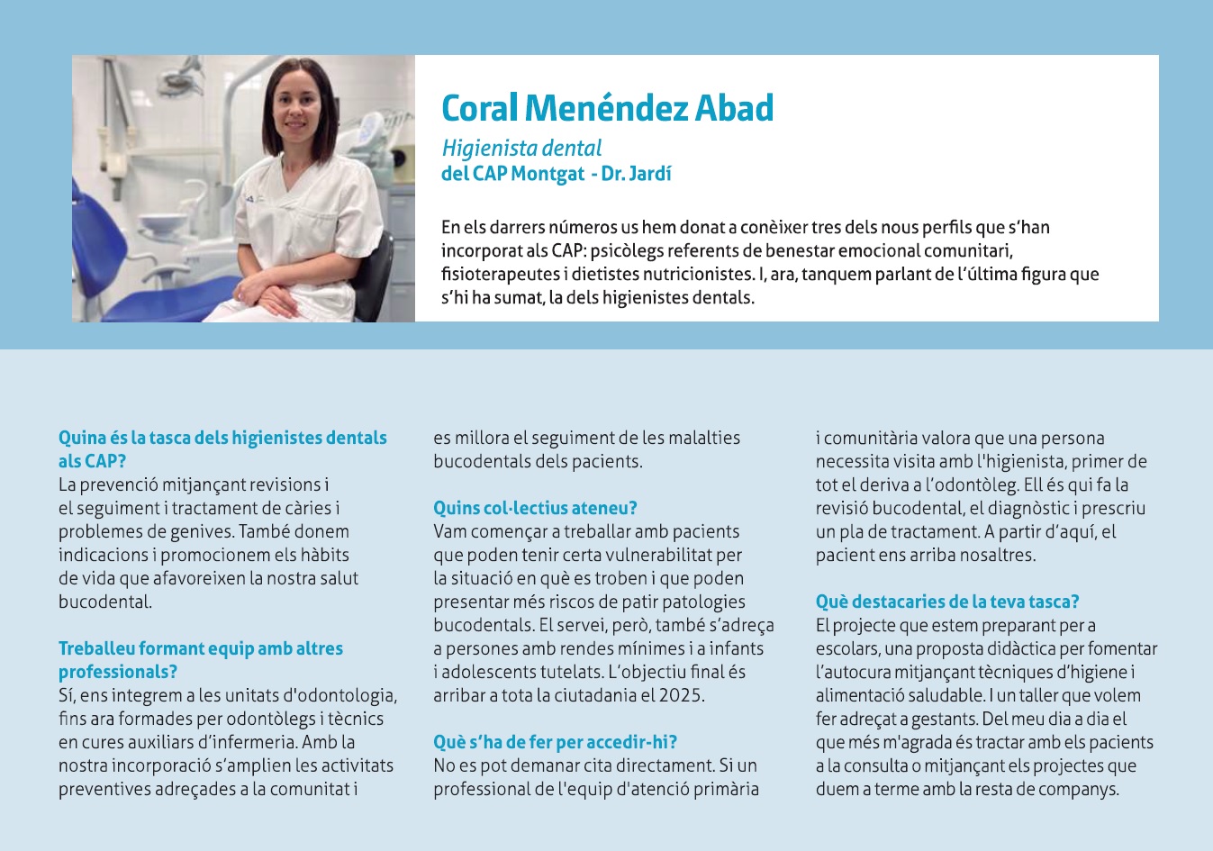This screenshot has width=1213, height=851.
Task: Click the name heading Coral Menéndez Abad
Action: tap(607, 108)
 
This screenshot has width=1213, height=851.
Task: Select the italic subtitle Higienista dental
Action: tap(521, 149)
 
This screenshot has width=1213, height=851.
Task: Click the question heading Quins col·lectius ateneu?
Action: tap(535, 508)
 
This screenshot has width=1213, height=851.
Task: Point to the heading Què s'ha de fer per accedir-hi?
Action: tap(555, 742)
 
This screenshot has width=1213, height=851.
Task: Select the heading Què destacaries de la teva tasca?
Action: tap(946, 602)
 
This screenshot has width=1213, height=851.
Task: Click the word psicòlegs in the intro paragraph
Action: tap(627, 250)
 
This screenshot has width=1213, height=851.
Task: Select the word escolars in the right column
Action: tap(846, 648)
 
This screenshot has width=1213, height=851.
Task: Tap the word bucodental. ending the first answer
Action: tap(105, 602)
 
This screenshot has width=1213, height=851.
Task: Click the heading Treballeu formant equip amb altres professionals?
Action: tap(200, 659)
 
